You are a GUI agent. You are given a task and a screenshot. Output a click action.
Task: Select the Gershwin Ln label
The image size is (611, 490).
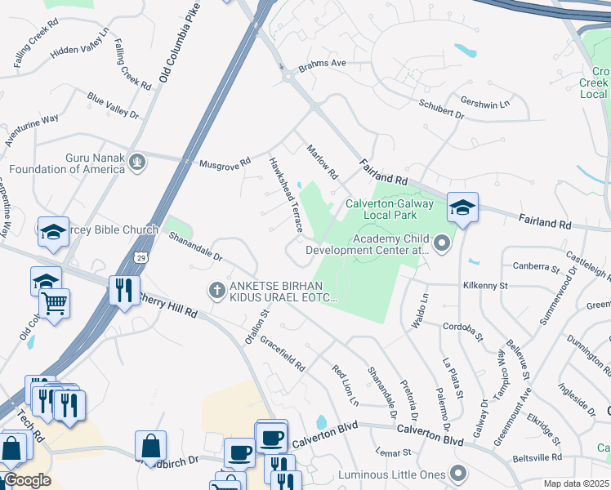pos(485,105)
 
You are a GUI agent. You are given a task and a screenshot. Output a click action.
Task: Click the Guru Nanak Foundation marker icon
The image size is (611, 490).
pos(138,161)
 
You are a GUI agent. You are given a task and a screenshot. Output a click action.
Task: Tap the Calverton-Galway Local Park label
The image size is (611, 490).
pos(381,209)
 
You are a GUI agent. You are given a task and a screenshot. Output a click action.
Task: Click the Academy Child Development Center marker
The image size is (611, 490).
pos(443,243)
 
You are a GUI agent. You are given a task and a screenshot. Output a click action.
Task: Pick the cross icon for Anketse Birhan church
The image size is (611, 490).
pos(217,289)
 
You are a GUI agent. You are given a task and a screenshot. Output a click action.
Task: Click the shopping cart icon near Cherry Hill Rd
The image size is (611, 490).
pos(54,305)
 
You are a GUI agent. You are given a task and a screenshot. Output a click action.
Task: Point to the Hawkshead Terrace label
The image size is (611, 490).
pos(286,194)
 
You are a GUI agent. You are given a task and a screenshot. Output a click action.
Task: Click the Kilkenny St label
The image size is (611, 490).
pos(485,287)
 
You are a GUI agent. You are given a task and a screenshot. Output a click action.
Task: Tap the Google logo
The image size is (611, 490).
pos(26,480)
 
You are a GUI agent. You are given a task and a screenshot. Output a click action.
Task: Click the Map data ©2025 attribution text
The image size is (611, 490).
pos(576,483)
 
